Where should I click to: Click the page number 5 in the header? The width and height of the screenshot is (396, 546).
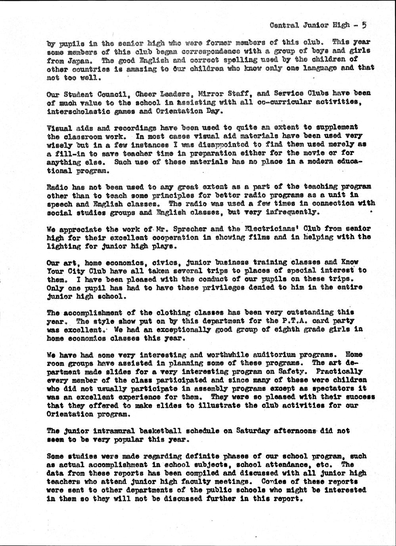(x=363, y=25)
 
